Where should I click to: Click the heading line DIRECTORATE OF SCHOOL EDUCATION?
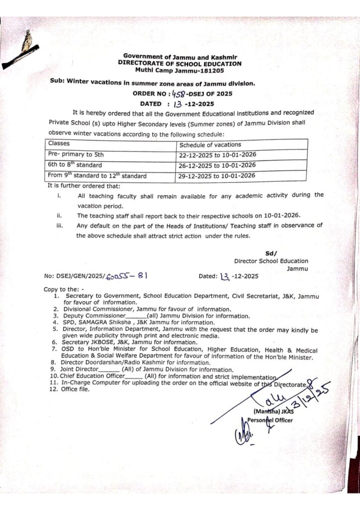tap(180, 64)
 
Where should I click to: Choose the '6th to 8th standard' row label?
tap(75, 165)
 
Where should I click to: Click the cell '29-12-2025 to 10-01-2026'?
tap(218, 175)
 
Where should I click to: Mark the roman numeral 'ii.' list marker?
tap(59, 216)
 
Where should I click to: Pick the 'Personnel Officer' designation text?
tap(271, 420)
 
